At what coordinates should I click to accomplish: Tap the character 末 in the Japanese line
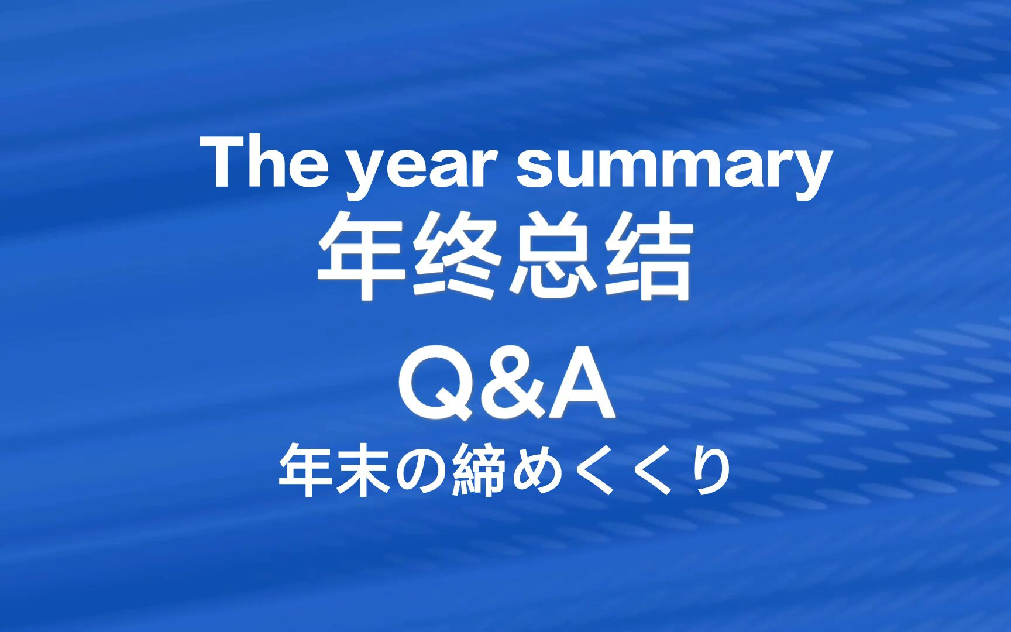point(363,472)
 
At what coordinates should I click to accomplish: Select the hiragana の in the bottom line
point(420,473)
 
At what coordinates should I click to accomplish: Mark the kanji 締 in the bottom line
point(478,472)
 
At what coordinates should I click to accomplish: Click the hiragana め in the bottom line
point(535,473)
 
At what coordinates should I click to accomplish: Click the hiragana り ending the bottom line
point(709,473)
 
